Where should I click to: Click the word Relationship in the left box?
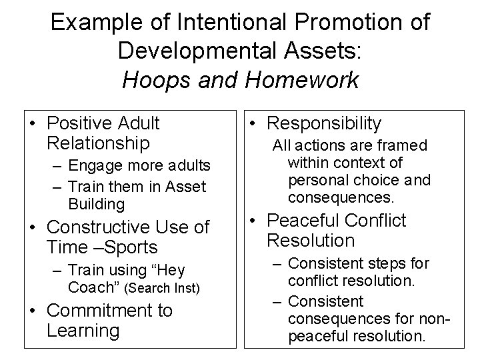[x=98, y=143]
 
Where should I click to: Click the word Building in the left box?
[x=96, y=203]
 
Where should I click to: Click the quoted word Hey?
[x=167, y=270]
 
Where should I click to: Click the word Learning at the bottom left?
[x=83, y=330]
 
